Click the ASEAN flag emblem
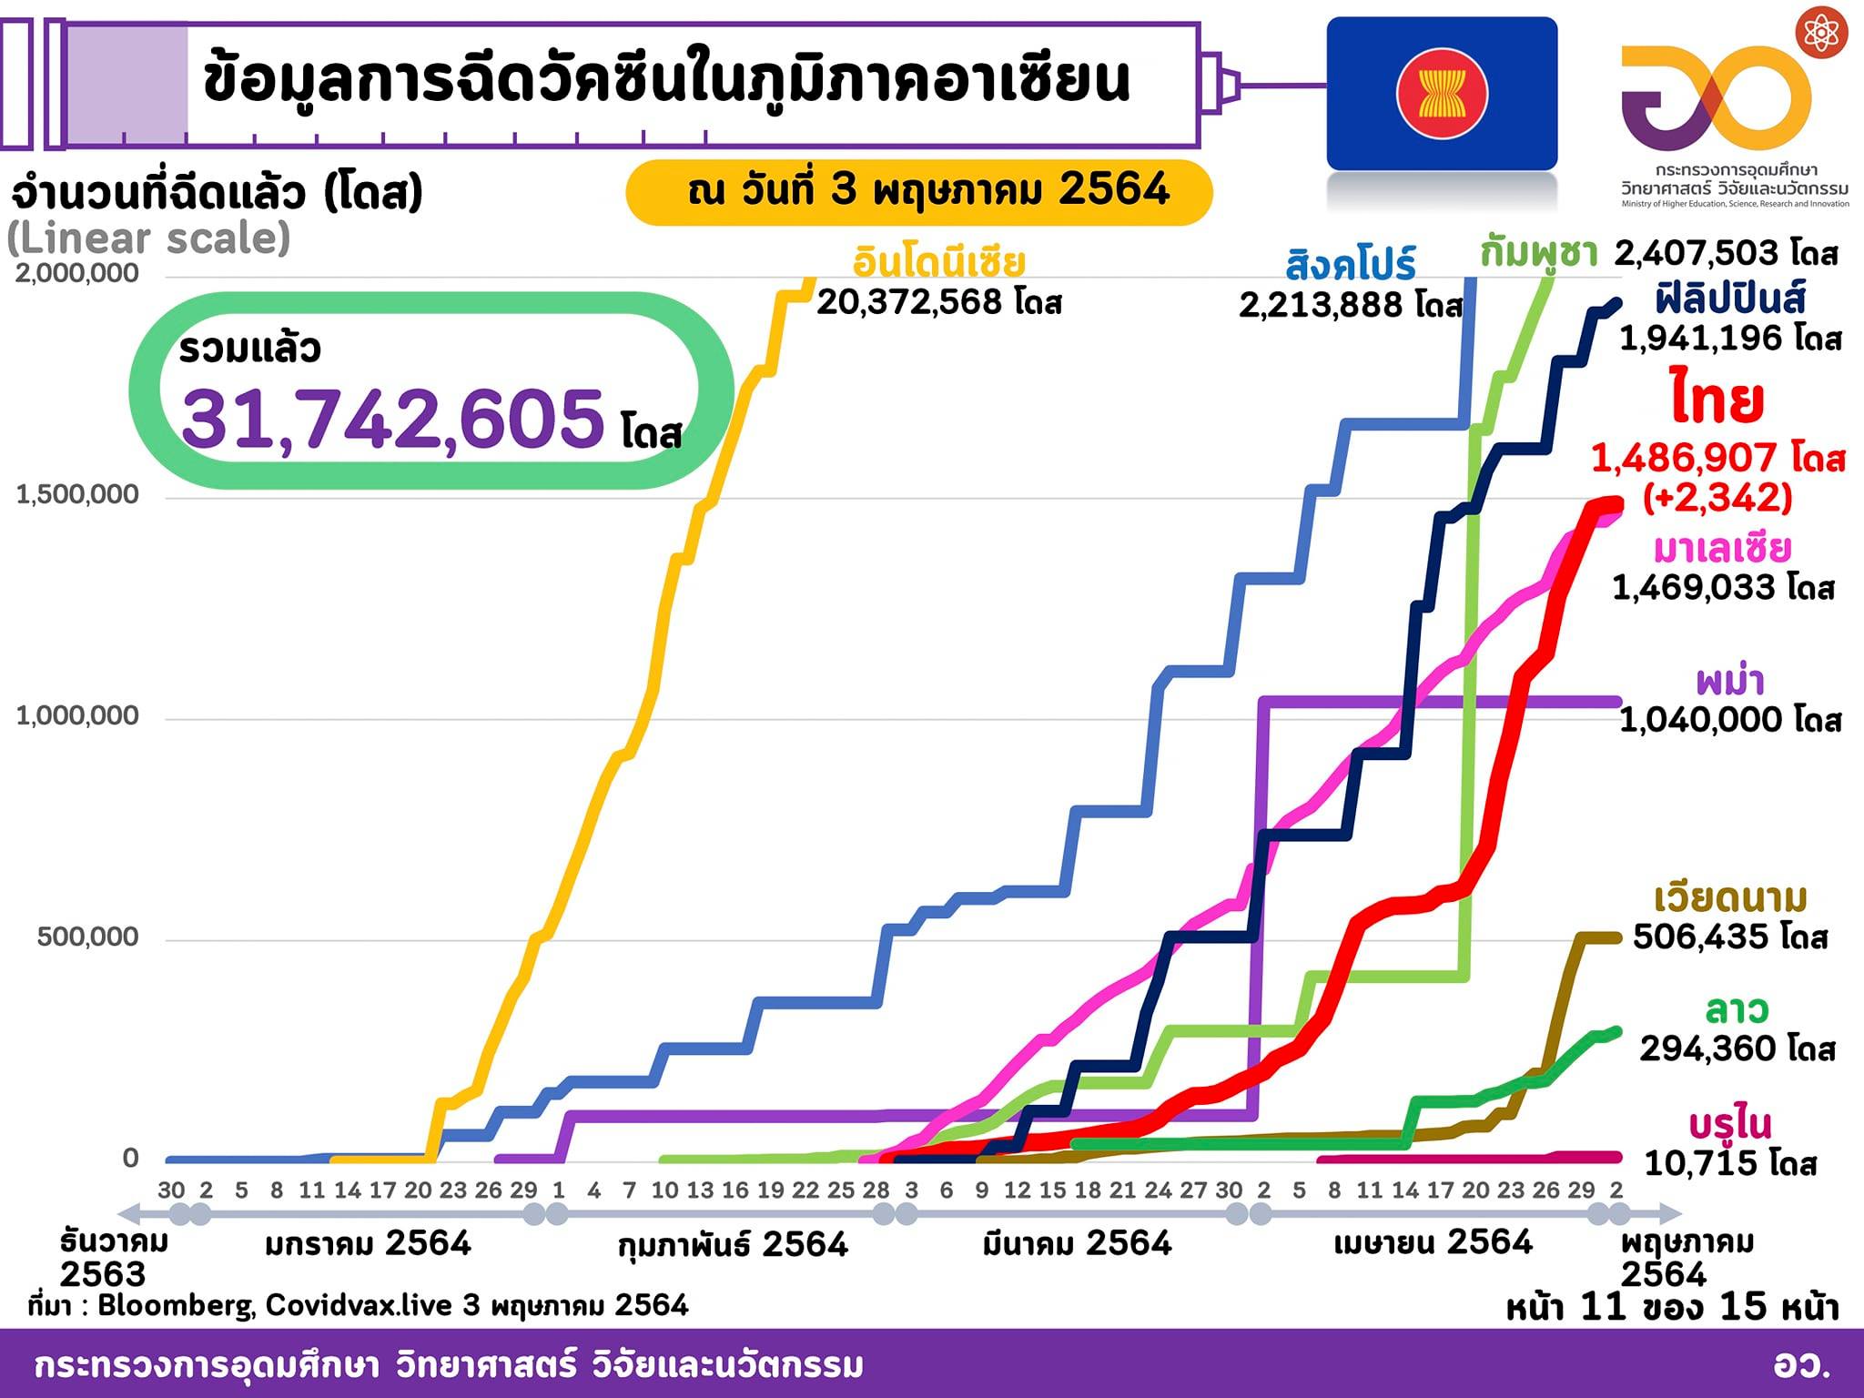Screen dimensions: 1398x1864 coord(1442,94)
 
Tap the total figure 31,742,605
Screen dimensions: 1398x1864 coord(392,419)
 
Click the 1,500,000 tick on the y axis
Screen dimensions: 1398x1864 coord(77,494)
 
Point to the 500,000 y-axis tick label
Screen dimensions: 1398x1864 coord(88,937)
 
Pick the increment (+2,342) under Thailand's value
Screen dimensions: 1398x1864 coord(1717,497)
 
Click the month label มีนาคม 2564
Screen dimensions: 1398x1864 coord(1077,1243)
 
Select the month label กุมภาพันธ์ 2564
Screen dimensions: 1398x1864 coord(733,1244)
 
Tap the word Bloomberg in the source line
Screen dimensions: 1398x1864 coord(177,1305)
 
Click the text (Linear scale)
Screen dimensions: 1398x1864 coord(148,238)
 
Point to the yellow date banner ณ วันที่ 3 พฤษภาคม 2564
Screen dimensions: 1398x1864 coord(919,191)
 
